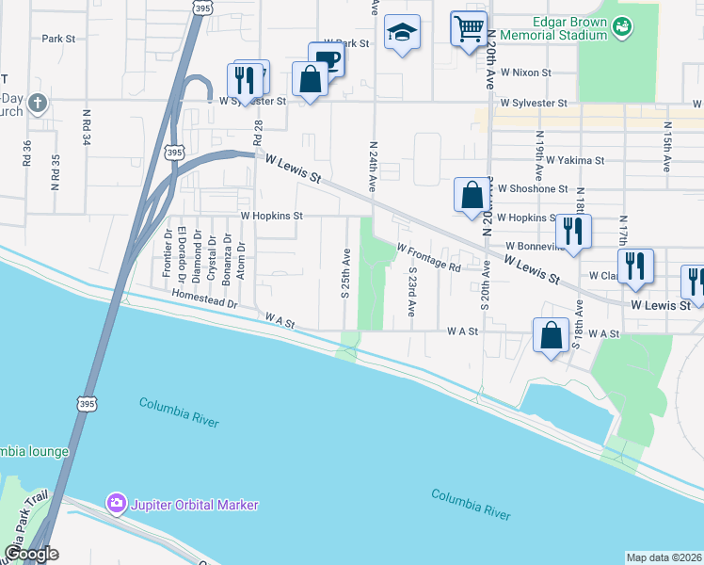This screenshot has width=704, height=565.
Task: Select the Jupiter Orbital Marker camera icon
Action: [x=117, y=505]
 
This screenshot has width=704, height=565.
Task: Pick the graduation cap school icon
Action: [x=402, y=33]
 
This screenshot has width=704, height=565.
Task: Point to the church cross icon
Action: [x=37, y=102]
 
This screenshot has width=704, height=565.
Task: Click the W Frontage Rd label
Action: [x=428, y=258]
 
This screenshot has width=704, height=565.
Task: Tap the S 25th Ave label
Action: [x=345, y=270]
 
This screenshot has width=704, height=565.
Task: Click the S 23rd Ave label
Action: [x=412, y=289]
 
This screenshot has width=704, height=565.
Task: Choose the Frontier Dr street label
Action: [x=167, y=253]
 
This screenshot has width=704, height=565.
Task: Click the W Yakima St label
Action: [x=575, y=160]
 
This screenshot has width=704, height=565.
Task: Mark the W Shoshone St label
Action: [x=533, y=188]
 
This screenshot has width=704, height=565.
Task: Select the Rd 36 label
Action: [x=27, y=153]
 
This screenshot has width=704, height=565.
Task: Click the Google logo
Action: [x=31, y=555]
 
